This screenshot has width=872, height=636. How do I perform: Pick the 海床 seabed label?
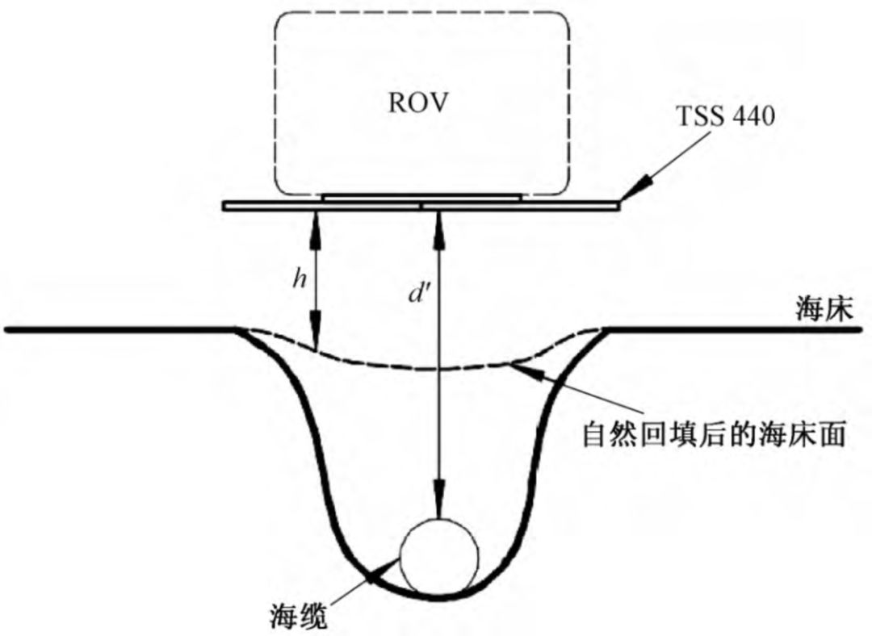tap(823, 311)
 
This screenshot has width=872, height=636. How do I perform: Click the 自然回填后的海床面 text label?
tap(714, 436)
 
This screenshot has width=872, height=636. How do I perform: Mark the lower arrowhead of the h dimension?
tap(316, 337)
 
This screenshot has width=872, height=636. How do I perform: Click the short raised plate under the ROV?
tap(421, 196)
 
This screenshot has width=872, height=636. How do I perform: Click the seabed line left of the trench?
tap(121, 329)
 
